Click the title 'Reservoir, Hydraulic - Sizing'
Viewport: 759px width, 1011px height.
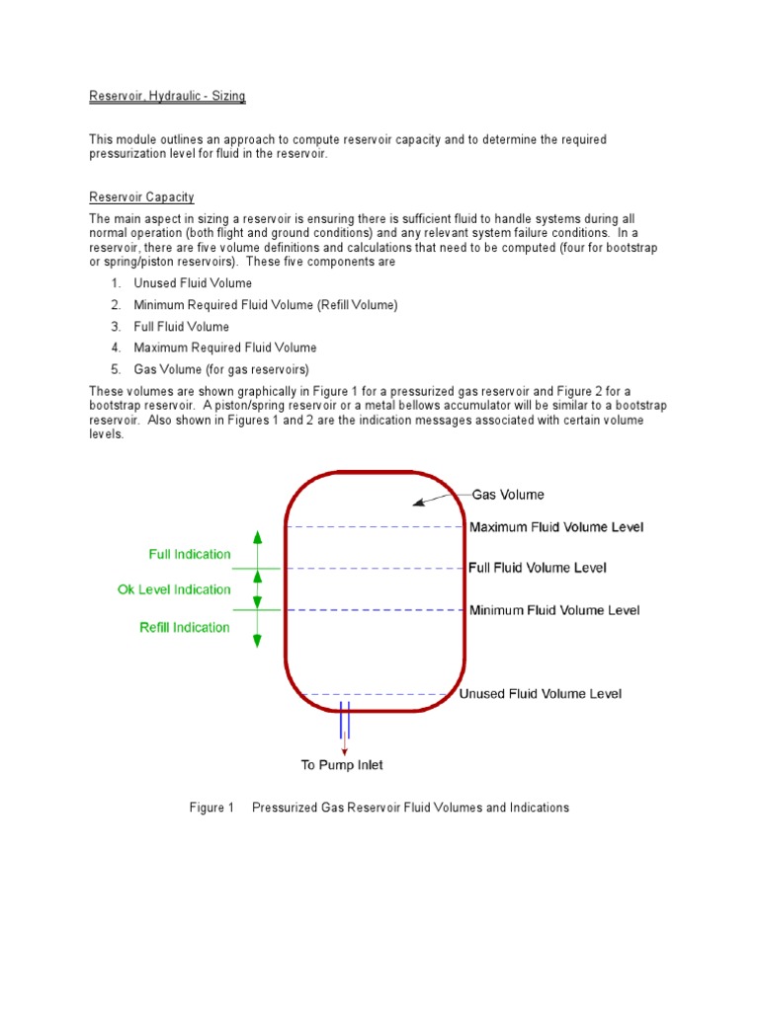point(167,96)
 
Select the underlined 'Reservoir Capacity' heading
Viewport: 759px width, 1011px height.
point(141,196)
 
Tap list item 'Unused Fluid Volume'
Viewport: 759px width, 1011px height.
point(193,283)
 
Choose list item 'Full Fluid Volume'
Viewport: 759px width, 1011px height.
point(181,327)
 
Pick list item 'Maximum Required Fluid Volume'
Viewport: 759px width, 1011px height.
point(225,348)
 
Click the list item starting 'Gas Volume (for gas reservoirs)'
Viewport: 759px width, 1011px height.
point(221,369)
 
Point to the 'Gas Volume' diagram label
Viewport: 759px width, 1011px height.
point(507,495)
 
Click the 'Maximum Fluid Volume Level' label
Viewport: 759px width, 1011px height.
point(555,527)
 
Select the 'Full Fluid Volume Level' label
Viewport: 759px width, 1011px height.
point(538,568)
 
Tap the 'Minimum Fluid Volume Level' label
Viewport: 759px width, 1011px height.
point(553,610)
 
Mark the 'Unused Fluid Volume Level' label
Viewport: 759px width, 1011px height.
point(541,694)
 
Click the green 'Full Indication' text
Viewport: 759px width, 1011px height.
point(190,555)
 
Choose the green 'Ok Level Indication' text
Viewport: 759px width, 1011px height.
point(174,589)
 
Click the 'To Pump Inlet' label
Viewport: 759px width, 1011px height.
point(342,765)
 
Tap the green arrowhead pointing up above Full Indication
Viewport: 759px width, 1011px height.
point(258,537)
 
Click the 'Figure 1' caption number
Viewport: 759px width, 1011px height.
point(211,808)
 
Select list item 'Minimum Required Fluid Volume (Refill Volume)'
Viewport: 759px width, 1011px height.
point(265,305)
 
